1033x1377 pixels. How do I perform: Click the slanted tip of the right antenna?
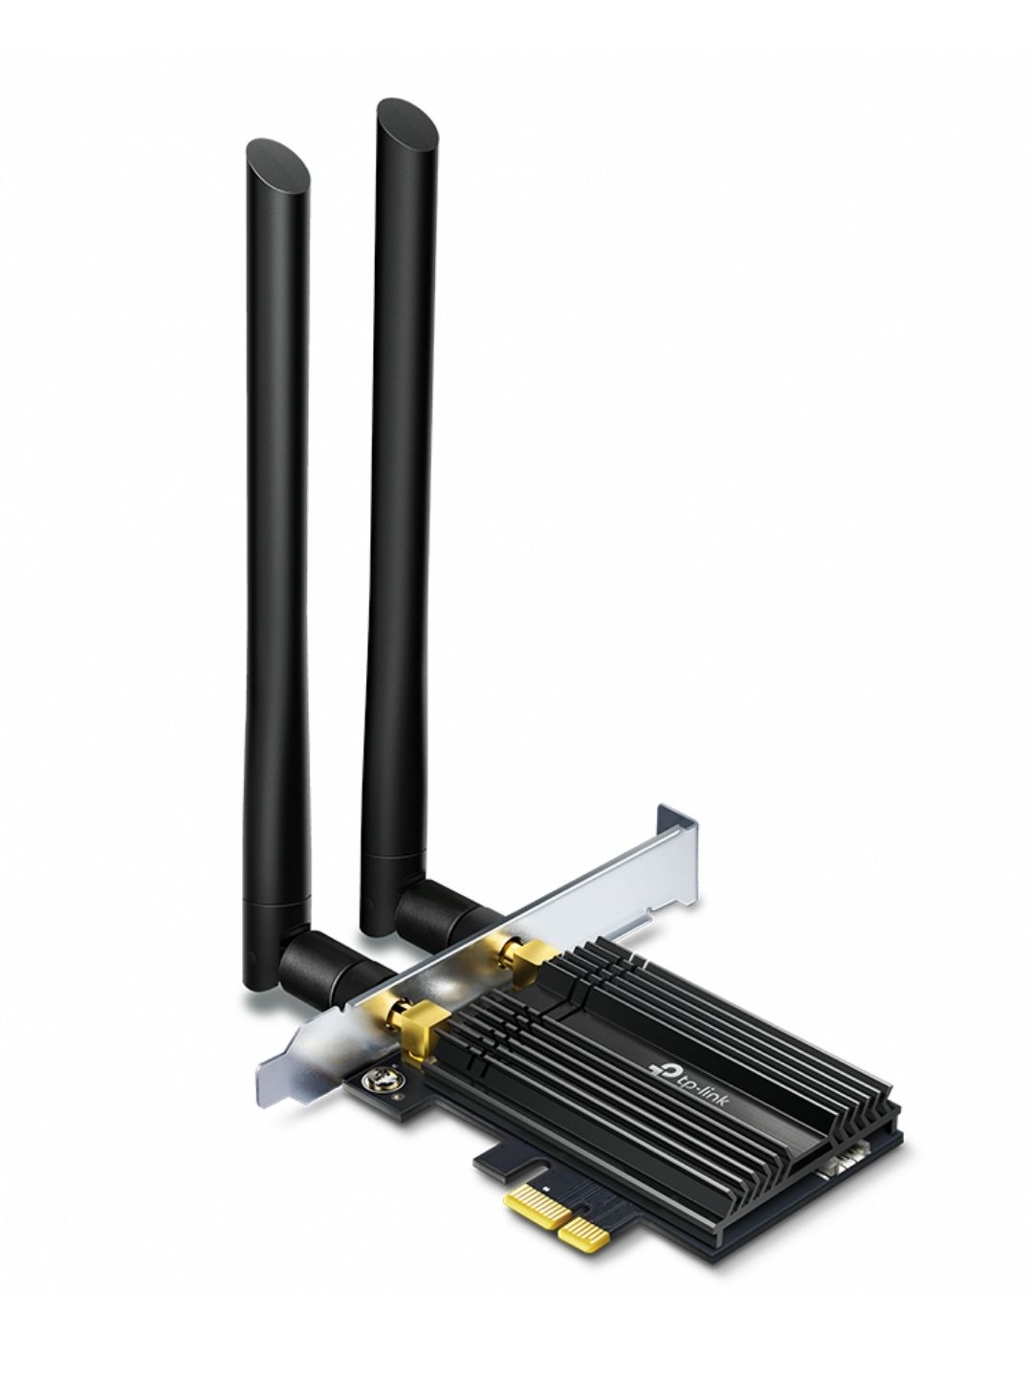(x=407, y=124)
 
